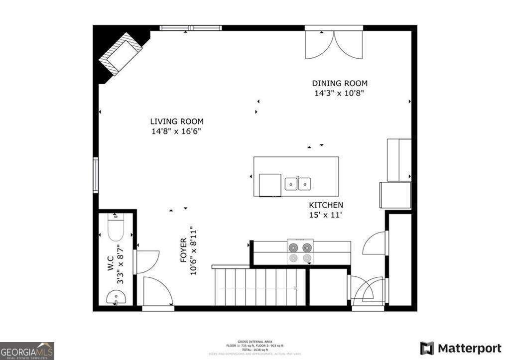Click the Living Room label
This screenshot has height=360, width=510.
(177, 121)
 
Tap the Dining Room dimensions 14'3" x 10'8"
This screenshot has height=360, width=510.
(340, 93)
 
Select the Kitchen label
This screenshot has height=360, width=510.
(326, 205)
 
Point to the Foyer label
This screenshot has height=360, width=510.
(183, 250)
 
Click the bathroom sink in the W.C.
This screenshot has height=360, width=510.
(116, 298)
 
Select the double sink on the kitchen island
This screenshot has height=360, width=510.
(298, 184)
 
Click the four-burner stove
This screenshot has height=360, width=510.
(300, 252)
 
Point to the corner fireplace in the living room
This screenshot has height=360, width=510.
(121, 54)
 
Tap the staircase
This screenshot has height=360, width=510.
(259, 287)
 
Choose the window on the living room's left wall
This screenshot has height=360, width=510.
(96, 175)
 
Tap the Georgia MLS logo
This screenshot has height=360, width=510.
(27, 351)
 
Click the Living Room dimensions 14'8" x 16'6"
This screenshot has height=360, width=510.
(177, 131)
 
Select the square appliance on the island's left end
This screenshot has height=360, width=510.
(270, 184)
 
